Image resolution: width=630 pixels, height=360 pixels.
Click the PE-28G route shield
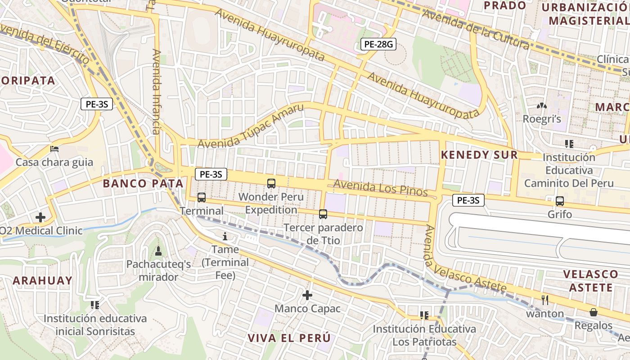[x=378, y=44]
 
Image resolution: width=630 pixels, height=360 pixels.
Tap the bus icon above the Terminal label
[x=202, y=197]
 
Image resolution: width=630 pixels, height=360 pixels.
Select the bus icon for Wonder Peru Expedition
[x=271, y=183]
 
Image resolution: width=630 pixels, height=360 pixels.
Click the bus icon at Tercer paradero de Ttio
[x=323, y=214]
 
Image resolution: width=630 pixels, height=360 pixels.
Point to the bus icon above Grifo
[x=560, y=201]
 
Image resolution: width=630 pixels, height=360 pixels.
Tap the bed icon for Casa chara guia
[x=54, y=149]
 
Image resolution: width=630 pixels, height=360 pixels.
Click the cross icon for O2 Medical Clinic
[x=40, y=217]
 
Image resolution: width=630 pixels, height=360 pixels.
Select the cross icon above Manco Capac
[x=307, y=295]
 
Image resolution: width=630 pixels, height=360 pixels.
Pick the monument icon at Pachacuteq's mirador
[x=158, y=251]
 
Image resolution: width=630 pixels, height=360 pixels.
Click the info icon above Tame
[x=225, y=236]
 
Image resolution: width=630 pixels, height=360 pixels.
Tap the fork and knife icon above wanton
[x=544, y=300]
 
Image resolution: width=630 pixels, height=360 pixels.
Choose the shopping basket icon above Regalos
[x=594, y=312]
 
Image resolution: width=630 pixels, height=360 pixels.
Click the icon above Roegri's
[x=542, y=106]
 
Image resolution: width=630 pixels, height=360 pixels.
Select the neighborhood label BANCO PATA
[x=143, y=184]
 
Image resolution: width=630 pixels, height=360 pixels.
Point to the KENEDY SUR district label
[x=479, y=155]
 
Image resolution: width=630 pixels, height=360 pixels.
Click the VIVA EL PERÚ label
[x=289, y=337]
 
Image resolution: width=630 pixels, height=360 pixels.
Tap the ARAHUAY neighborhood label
[x=42, y=280]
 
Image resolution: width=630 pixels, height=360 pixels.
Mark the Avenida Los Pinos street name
[x=380, y=188]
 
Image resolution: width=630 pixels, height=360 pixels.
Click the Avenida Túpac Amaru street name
[x=251, y=126]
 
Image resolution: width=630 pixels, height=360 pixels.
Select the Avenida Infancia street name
[x=156, y=92]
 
